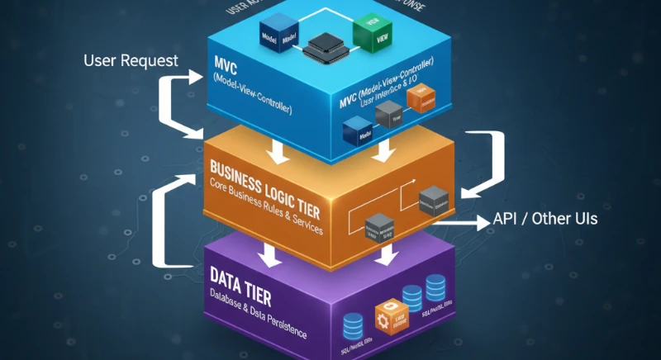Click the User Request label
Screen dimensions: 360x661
130,60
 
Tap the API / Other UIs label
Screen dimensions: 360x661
544,220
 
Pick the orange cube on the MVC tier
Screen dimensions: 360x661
419,99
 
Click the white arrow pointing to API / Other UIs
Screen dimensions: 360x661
459,220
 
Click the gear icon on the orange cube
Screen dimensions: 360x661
382,316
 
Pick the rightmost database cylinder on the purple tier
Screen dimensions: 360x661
435,287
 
